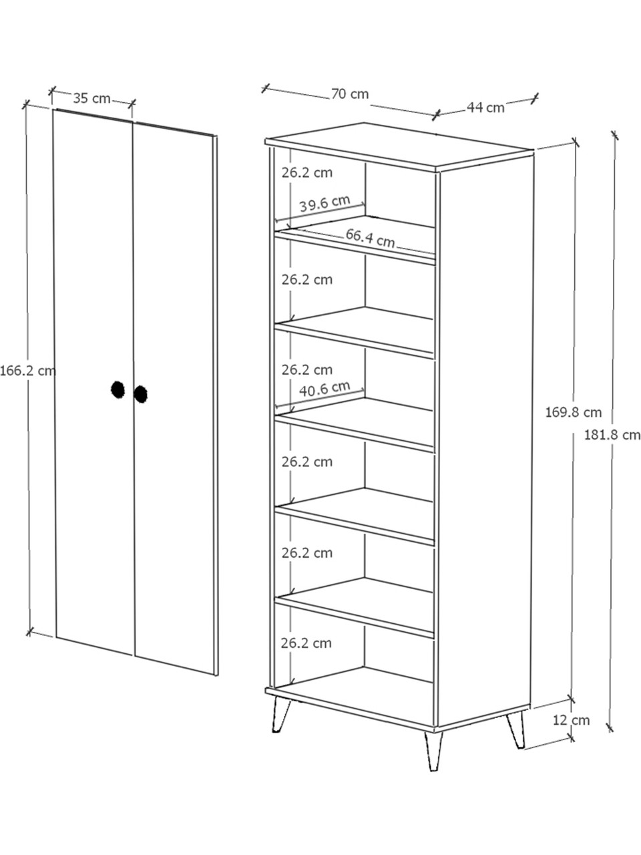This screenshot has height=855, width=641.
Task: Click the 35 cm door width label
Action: (92, 98)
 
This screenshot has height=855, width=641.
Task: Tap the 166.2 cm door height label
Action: (28, 371)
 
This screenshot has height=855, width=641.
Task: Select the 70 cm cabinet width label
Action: (350, 94)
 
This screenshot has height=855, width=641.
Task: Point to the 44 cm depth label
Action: (485, 107)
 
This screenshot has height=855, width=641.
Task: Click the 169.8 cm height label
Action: (574, 412)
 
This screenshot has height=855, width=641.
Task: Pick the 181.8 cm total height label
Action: (612, 435)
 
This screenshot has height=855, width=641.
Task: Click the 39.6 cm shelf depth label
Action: (325, 203)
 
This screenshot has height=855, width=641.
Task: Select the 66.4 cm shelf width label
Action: (370, 238)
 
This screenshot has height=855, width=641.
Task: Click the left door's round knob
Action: (118, 389)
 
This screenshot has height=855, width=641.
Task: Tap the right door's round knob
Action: (140, 394)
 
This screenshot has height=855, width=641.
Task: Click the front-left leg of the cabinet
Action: (281, 715)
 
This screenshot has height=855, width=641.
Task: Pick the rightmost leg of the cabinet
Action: (515, 730)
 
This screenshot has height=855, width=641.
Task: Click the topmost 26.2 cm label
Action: (307, 172)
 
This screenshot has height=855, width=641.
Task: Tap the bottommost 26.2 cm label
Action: (306, 643)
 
